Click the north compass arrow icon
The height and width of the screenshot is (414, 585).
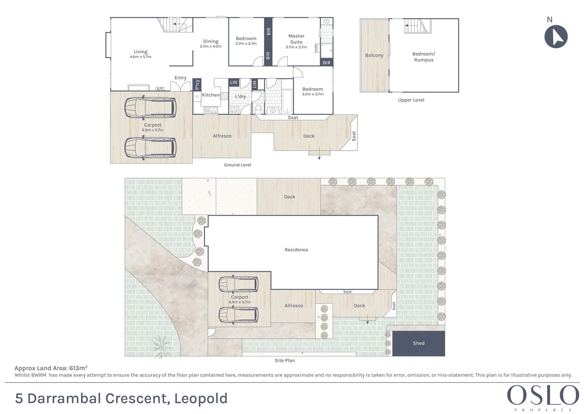pos(556,37)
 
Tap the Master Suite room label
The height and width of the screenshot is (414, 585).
pos(296,39)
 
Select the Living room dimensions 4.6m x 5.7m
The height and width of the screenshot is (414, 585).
pos(141,57)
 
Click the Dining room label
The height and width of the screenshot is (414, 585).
pos(211,41)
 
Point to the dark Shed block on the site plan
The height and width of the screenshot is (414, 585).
pos(419,343)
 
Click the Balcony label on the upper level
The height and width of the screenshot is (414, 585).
pos(374,56)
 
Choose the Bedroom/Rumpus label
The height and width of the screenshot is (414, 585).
pos(423,57)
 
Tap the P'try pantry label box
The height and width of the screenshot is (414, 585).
pos(197,84)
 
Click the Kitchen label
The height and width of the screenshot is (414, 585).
pos(211,95)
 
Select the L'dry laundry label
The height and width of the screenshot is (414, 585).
pos(240,97)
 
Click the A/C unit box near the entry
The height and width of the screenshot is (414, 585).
pos(160,89)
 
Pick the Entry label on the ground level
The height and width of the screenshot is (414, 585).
pos(180,78)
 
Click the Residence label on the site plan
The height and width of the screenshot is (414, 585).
pos(296,250)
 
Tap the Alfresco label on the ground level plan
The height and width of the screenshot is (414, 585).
pos(222,136)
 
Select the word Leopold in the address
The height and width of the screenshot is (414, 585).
pos(201,399)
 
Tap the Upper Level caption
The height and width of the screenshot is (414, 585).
pos(411,100)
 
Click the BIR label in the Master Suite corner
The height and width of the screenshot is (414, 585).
pos(326,63)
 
